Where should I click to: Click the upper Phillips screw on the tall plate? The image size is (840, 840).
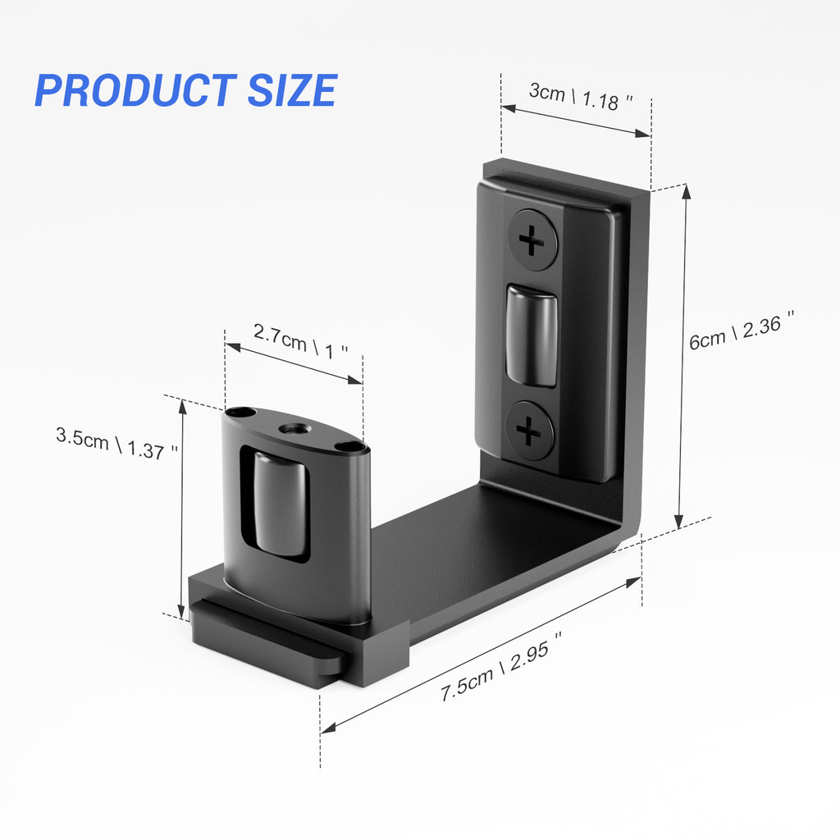(x=532, y=241)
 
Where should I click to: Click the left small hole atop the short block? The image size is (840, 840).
(x=239, y=413)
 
